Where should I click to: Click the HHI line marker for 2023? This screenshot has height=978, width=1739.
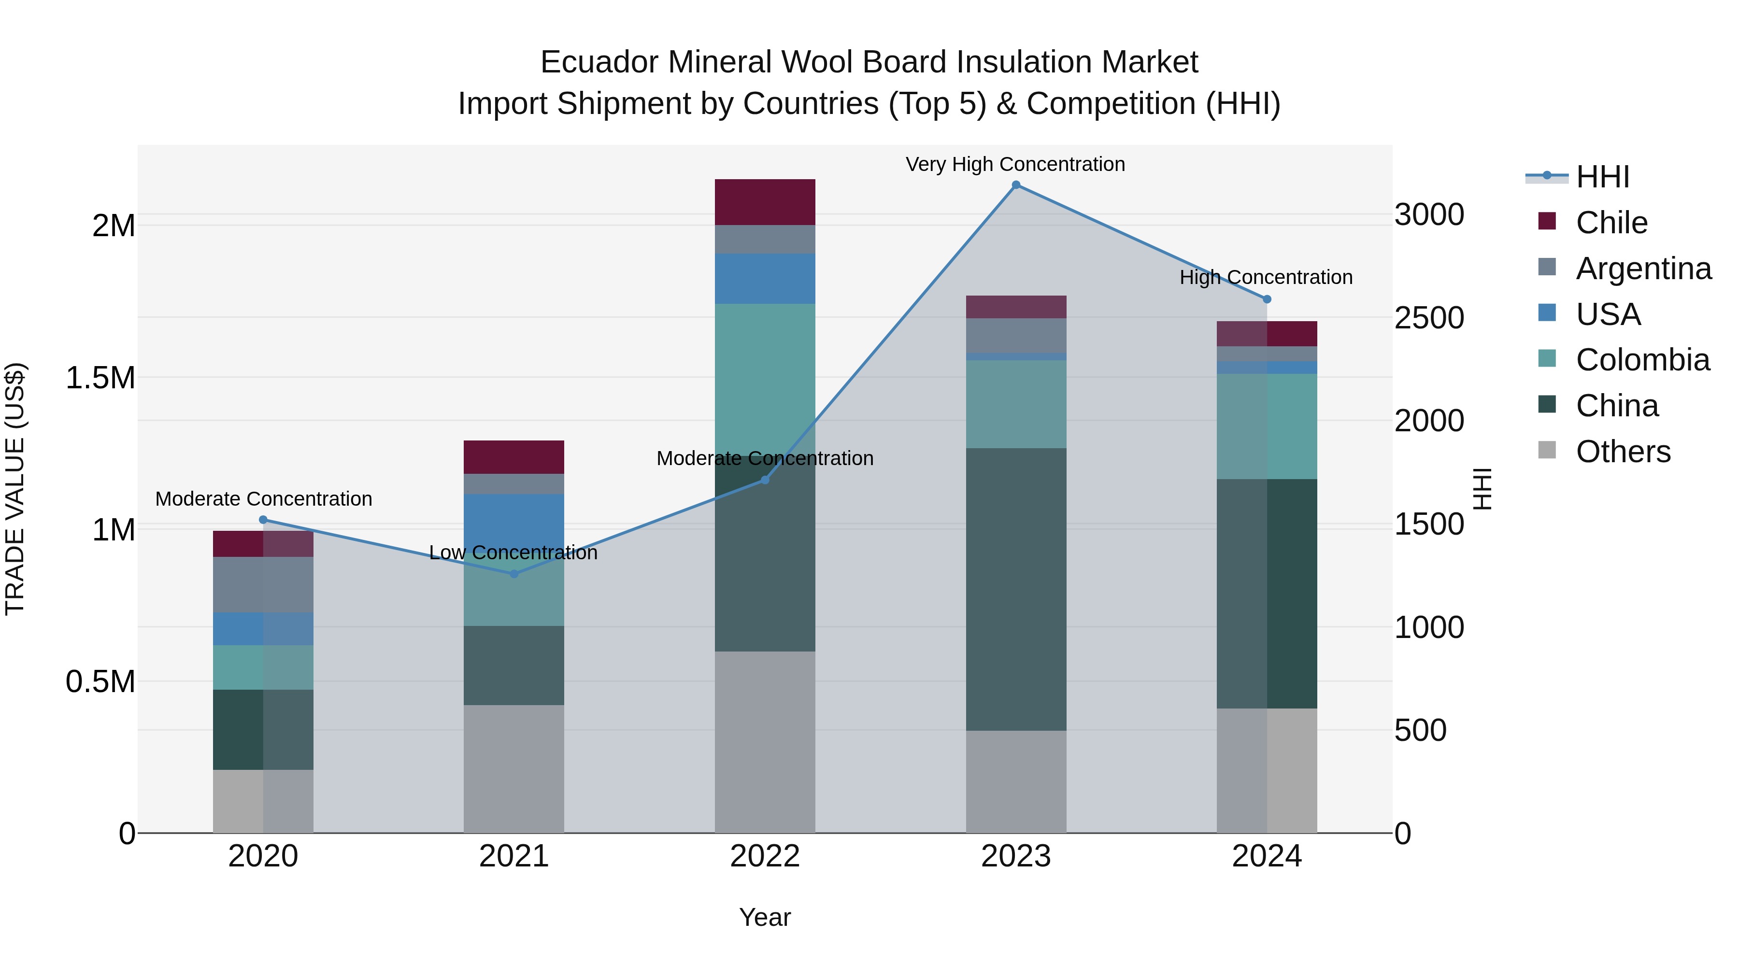tap(1015, 185)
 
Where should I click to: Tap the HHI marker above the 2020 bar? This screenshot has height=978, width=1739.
tap(263, 520)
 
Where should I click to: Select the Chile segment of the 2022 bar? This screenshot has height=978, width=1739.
tap(765, 202)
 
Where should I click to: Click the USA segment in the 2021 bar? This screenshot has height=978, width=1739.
tap(514, 520)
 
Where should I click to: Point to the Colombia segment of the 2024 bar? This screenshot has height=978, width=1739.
tap(1267, 426)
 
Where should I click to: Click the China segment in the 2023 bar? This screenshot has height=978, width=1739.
tap(1015, 589)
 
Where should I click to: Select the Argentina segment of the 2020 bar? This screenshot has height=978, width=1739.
tap(263, 584)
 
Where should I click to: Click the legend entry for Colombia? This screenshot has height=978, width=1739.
tap(1642, 360)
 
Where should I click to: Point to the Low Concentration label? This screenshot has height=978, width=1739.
tap(513, 553)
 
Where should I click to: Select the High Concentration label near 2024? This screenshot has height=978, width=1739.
tap(1266, 277)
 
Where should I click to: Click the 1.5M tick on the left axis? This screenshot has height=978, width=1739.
tap(100, 378)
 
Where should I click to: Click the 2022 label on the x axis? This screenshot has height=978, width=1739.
tap(765, 856)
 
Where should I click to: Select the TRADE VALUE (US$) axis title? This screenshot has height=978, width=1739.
tap(15, 489)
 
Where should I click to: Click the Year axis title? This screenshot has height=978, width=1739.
tap(765, 917)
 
